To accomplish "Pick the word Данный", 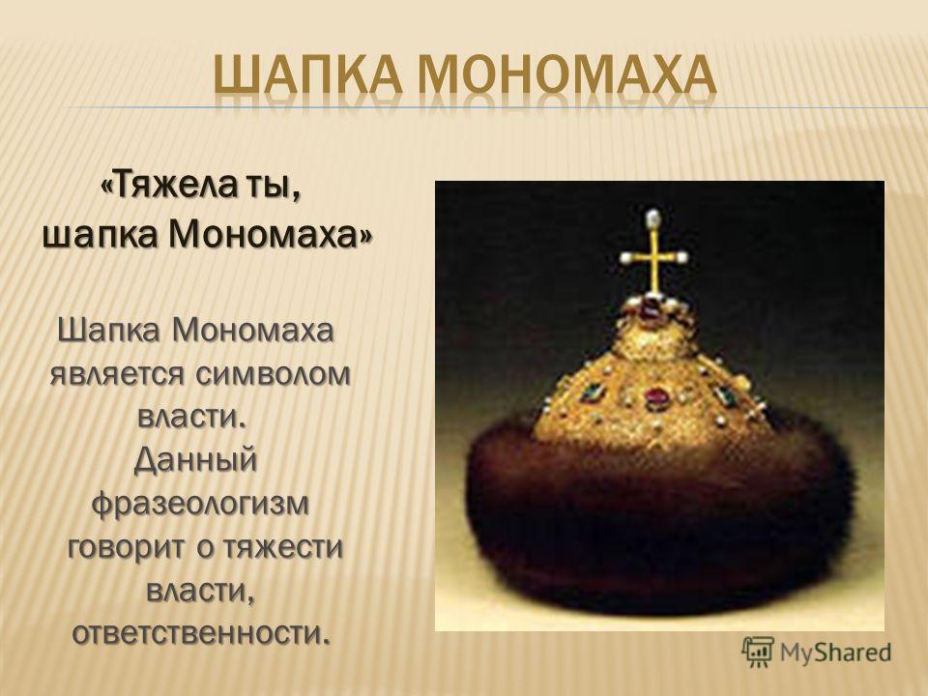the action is [196, 460].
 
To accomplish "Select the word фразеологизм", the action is [201, 505].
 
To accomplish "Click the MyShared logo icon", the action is [758, 652].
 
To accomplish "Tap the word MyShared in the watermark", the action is [835, 652].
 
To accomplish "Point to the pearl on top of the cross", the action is [652, 216].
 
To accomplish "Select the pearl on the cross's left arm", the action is [625, 257].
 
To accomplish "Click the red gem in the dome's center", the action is [656, 397].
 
